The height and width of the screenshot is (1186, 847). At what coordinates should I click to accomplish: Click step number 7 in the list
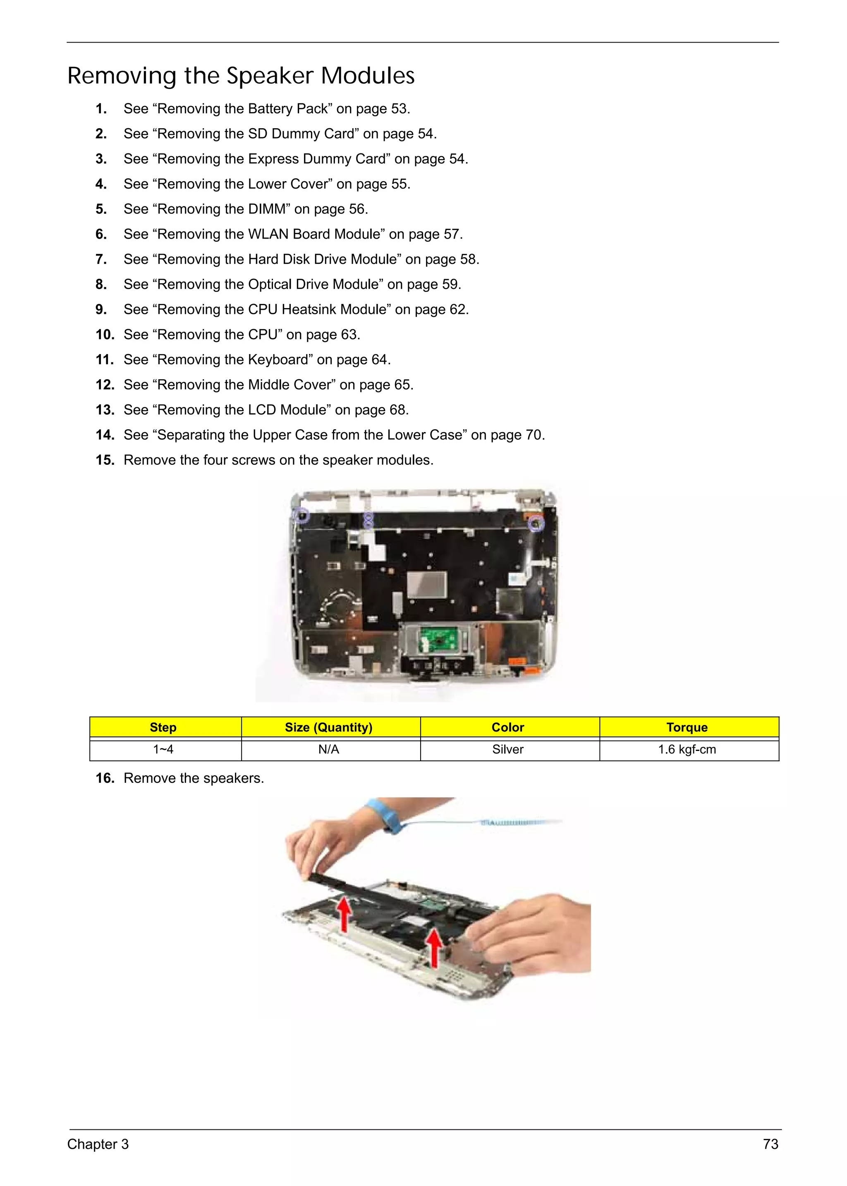101,259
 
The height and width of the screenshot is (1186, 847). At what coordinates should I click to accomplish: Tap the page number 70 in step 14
534,435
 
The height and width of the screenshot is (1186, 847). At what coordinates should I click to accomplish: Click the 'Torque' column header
687,727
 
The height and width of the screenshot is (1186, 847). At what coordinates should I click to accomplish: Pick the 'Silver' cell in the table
507,749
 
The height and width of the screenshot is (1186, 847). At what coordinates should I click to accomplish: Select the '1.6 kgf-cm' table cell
687,749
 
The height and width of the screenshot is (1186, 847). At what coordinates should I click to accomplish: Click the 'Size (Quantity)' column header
328,727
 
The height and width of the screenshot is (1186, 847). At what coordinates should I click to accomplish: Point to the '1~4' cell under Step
163,749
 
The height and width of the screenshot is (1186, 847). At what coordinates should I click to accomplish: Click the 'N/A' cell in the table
328,749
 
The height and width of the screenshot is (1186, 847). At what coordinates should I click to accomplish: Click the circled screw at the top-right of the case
536,523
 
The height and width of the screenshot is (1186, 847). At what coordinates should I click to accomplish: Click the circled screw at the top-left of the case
301,515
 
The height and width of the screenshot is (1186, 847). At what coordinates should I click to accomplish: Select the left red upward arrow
344,914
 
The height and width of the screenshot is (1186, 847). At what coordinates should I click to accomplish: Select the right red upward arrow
433,947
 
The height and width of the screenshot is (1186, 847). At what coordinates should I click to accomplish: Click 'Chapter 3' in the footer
98,1144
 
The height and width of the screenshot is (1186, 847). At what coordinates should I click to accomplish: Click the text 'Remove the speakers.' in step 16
194,778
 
